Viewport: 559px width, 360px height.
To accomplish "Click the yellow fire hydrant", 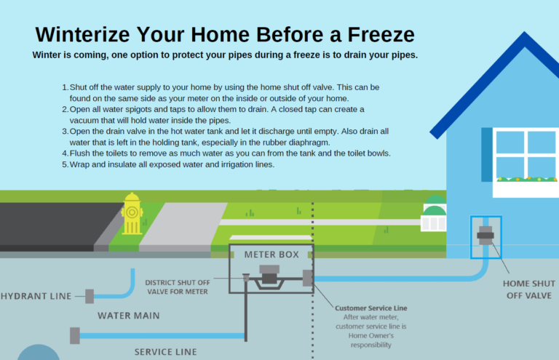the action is tap(132, 214).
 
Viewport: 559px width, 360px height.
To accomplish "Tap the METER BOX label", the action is tap(271, 255).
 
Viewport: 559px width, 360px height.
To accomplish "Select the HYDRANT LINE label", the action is tap(36, 296).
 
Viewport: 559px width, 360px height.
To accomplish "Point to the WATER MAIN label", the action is tap(129, 316).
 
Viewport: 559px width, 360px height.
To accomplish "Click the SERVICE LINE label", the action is tap(165, 352).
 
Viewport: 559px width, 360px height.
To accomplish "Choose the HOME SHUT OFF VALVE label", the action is tap(529, 289).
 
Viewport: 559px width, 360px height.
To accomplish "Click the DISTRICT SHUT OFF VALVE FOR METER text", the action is tap(178, 287).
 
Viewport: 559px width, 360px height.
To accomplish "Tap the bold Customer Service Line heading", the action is tap(370, 308).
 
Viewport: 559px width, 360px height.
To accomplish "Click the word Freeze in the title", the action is tap(381, 34).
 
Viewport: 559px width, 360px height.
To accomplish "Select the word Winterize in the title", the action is tap(82, 34).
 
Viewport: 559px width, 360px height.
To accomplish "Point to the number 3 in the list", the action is tap(65, 132).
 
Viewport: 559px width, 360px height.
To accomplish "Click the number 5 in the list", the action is tap(65, 164).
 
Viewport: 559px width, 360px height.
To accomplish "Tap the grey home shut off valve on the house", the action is tap(485, 236).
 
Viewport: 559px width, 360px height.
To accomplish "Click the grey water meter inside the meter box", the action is tap(269, 274).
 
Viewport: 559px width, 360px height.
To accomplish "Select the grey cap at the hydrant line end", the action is tap(90, 296).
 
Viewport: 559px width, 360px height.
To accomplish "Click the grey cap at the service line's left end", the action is tap(75, 335).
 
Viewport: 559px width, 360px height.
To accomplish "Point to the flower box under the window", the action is tap(526, 187).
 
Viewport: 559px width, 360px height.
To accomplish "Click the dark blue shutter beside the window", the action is tap(487, 154).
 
